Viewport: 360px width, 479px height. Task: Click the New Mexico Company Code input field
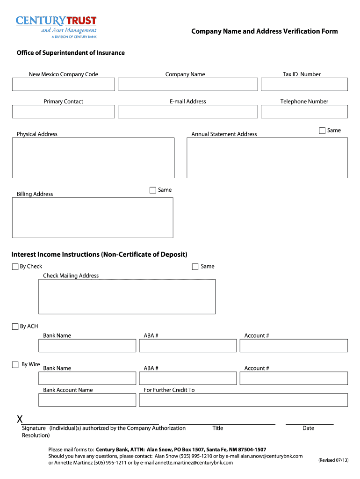click(x=63, y=84)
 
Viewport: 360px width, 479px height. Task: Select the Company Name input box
click(x=187, y=84)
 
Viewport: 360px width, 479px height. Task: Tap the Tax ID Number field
click(x=304, y=84)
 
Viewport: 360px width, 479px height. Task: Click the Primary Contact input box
click(x=63, y=111)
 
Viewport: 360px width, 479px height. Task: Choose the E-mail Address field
click(x=187, y=111)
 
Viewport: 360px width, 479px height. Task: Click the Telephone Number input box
click(x=304, y=111)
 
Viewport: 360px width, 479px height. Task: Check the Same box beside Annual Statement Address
click(x=322, y=131)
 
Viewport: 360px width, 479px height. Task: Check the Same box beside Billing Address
click(x=153, y=190)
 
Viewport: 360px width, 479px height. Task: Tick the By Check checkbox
click(x=15, y=267)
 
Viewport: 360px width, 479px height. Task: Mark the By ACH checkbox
click(x=15, y=327)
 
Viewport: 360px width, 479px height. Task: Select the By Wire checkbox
click(x=15, y=364)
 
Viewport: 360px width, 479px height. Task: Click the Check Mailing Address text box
click(x=127, y=297)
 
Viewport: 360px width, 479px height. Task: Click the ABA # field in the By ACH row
click(x=188, y=346)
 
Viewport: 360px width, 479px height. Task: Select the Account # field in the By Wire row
click(x=294, y=378)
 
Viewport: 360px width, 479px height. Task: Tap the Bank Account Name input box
click(x=87, y=400)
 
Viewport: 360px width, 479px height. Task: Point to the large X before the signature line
click(x=20, y=418)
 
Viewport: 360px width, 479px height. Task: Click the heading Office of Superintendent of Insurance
click(x=71, y=53)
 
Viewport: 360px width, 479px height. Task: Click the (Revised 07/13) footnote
click(x=333, y=460)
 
